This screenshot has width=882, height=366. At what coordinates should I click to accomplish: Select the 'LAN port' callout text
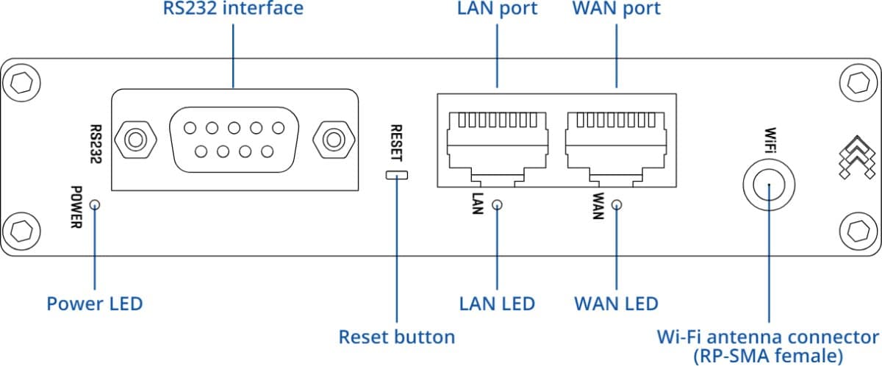coord(497,10)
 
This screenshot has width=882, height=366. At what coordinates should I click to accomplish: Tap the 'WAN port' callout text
coord(615,10)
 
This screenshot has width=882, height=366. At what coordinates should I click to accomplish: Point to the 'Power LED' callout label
coord(95,304)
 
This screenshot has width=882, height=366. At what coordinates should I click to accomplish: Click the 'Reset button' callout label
coord(396,337)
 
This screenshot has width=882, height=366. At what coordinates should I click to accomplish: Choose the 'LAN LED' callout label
coord(497,304)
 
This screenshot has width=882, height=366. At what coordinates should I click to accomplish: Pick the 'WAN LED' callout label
coord(615,304)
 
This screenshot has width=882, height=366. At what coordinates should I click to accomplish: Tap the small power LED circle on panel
coord(95,204)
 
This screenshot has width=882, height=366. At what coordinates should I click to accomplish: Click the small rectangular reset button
coord(396,175)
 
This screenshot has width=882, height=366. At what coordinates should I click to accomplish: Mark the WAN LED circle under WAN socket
coord(616,205)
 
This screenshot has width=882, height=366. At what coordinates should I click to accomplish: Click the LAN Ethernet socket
coord(498,143)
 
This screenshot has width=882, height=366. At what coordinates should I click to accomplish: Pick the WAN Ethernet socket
coord(615,143)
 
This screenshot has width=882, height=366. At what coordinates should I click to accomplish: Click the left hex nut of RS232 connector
coord(135,138)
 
